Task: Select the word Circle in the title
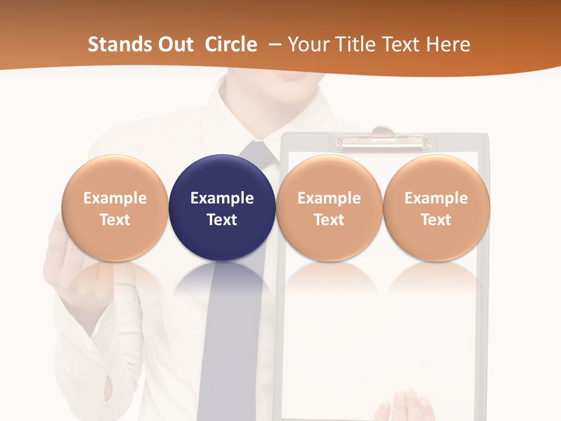(x=231, y=44)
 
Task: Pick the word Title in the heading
(x=352, y=44)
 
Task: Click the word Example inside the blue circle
(x=222, y=198)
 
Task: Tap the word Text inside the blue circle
(x=222, y=220)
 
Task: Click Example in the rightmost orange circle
(x=437, y=198)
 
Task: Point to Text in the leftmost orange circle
(x=115, y=220)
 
